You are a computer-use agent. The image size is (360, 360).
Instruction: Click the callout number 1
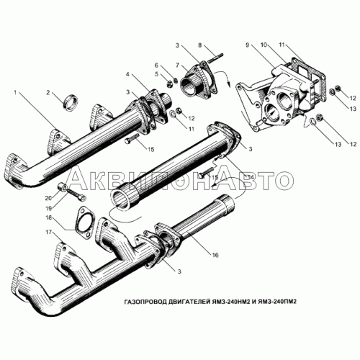(x=16, y=92)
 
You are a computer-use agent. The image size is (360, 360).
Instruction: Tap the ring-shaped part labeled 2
(x=71, y=102)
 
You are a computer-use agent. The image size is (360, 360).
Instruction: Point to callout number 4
(x=128, y=74)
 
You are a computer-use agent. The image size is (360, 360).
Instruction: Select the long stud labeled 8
(x=215, y=58)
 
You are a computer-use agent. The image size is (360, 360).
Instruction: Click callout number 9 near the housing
(x=248, y=45)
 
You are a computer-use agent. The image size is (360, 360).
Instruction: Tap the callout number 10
(x=264, y=45)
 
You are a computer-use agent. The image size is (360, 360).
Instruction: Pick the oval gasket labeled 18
(x=84, y=222)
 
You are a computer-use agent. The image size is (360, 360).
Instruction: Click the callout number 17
(x=49, y=233)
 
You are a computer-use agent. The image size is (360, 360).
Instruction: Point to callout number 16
(x=215, y=255)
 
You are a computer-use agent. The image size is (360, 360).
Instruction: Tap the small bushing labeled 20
(x=63, y=186)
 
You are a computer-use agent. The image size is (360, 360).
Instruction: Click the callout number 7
(x=177, y=65)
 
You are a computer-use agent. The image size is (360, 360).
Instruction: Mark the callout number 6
(x=156, y=65)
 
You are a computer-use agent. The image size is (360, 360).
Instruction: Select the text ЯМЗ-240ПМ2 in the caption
(x=277, y=302)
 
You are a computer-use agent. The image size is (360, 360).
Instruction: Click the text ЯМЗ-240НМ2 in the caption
(x=230, y=302)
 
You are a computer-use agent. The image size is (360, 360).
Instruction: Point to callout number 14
(x=250, y=177)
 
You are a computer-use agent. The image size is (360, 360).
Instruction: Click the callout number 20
(x=49, y=198)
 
